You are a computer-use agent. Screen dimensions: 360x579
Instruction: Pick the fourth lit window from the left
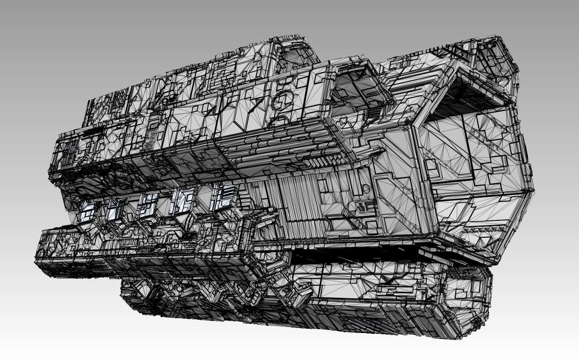pyautogui.click(x=182, y=200)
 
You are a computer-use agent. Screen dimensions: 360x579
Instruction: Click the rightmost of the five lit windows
pyautogui.click(x=223, y=196)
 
